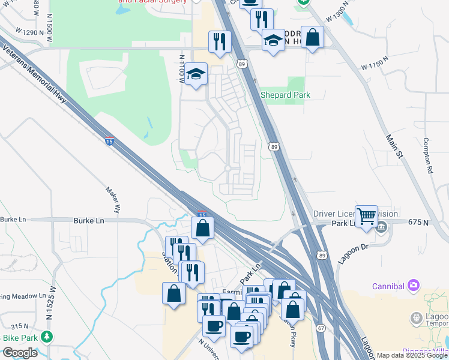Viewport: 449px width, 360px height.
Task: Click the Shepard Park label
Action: (285, 95)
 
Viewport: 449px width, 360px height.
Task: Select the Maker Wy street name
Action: (113, 200)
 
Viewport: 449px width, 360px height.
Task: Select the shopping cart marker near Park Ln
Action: (366, 215)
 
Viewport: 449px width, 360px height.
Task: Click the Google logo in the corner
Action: (20, 353)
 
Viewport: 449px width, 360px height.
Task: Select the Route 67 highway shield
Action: (322, 328)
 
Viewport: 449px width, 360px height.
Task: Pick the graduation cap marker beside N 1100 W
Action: (196, 74)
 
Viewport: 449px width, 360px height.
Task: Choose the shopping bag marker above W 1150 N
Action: (312, 37)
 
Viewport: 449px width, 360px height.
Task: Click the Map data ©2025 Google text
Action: (412, 355)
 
